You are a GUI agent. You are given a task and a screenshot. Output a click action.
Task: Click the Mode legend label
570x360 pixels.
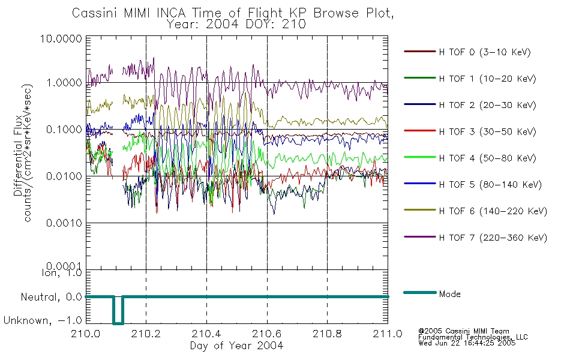(449, 294)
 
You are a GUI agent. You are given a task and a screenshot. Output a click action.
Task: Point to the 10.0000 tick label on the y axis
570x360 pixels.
(61, 38)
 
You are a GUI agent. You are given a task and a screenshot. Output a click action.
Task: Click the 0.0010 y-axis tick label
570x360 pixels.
(64, 223)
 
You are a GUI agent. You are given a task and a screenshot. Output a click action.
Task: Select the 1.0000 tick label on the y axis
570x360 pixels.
(64, 83)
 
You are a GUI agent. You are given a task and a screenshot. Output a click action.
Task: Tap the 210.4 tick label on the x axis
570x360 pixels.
(206, 334)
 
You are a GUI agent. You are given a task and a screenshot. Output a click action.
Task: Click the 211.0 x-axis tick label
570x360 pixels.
(388, 334)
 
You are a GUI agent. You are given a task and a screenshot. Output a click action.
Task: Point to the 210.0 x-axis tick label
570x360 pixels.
(85, 334)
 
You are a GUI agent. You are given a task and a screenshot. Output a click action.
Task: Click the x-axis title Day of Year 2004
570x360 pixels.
(236, 346)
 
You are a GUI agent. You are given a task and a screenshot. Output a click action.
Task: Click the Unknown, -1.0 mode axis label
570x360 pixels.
(43, 320)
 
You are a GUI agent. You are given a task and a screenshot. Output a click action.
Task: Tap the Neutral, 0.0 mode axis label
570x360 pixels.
(52, 298)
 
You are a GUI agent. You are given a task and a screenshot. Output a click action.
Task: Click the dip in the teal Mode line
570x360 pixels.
(118, 323)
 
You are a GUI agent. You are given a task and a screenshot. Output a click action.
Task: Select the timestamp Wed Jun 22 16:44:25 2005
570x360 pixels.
(467, 343)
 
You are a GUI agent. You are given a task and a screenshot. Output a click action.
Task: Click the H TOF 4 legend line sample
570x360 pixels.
(420, 157)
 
